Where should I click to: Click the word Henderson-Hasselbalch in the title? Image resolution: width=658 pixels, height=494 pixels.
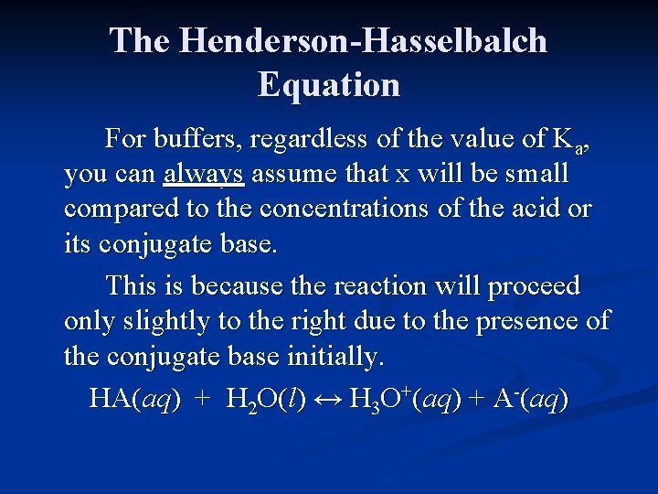[x=364, y=41]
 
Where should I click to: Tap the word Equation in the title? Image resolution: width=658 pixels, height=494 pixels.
[x=329, y=84]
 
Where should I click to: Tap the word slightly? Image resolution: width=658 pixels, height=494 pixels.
[x=154, y=321]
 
